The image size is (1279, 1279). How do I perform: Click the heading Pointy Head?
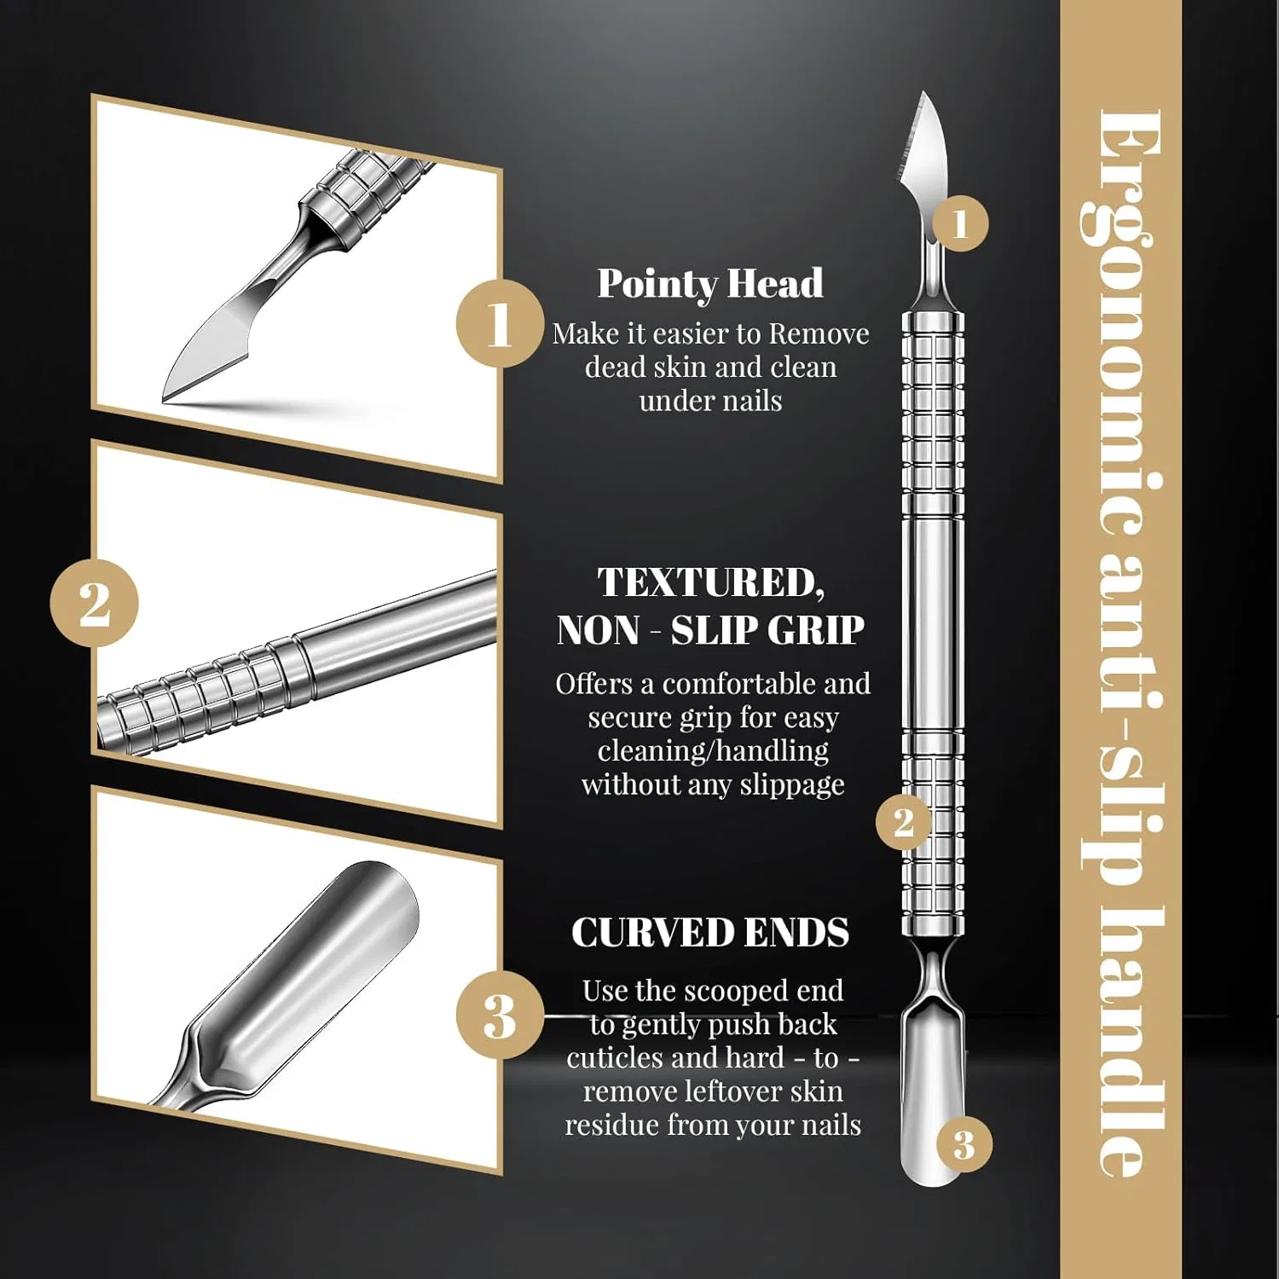(710, 284)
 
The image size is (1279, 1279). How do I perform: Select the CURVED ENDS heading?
(710, 932)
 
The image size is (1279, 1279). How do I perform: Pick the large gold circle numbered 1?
(500, 323)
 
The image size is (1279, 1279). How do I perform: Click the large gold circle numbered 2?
(94, 603)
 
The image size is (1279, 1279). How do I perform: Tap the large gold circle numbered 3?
(500, 1015)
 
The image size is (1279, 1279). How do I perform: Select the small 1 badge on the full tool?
(960, 223)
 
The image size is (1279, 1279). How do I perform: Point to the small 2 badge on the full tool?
(904, 822)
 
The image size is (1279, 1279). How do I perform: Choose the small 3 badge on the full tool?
(964, 1144)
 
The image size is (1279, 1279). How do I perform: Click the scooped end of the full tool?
(933, 1091)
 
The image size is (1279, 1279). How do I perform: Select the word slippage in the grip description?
(792, 785)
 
